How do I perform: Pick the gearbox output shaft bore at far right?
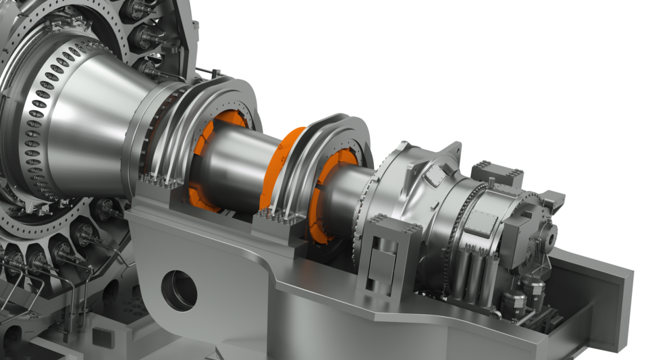(x=551, y=238)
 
